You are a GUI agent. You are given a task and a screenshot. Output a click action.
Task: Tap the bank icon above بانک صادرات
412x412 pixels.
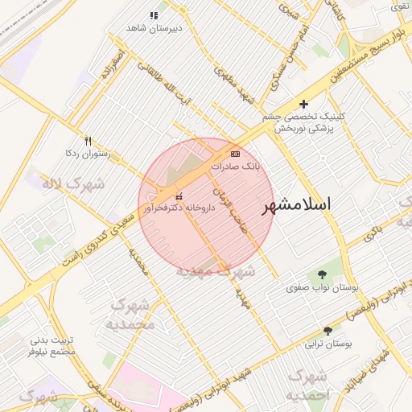coord(235,153)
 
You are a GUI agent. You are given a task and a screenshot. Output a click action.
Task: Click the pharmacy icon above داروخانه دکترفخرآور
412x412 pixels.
coord(179,196)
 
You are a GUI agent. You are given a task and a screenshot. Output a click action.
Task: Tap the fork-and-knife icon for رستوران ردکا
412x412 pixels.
coord(89,140)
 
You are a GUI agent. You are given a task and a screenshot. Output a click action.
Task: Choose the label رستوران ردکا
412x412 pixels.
coord(88,152)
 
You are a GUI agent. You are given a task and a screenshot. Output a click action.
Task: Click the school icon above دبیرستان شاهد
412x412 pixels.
coord(154,15)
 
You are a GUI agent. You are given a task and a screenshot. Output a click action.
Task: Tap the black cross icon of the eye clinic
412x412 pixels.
coord(303,104)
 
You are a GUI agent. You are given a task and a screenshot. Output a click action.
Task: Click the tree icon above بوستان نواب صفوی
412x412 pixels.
coord(323,274)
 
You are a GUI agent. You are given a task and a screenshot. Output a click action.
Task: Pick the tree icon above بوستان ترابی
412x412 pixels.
coord(328,332)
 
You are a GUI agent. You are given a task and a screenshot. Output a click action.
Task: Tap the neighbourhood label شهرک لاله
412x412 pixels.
coord(73,184)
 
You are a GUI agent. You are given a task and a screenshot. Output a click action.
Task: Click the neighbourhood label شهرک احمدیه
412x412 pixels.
coord(309,385)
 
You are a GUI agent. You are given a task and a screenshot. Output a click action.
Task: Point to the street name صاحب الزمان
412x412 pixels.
coord(228,204)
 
